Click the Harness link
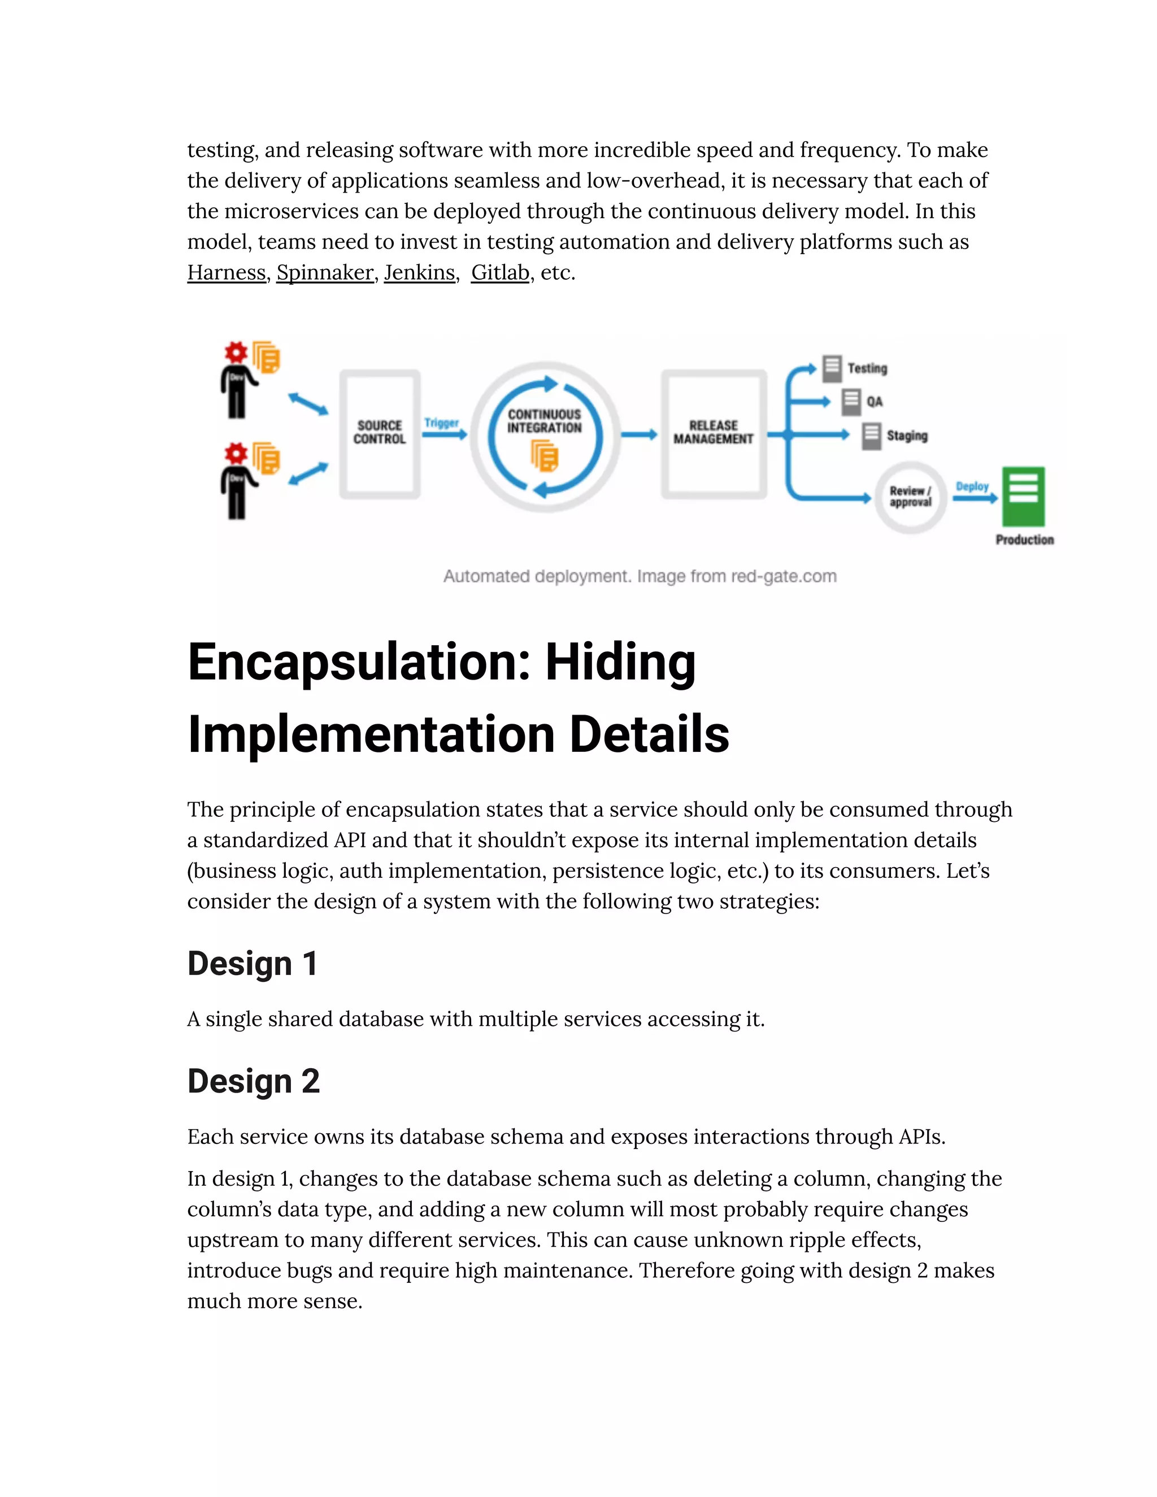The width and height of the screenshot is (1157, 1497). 226,273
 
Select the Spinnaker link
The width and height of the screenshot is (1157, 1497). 325,273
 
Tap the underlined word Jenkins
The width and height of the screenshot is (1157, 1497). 420,273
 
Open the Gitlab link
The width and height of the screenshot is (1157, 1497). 499,273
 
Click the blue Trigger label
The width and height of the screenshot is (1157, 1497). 441,423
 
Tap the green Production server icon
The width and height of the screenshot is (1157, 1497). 1023,495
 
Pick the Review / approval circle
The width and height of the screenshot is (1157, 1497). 910,496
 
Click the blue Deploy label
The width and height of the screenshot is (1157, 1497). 972,486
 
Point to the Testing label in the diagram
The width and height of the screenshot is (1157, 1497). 867,369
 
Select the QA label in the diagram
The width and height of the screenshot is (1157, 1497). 875,402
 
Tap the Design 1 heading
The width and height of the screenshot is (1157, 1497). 252,964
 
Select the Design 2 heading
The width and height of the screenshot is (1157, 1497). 254,1081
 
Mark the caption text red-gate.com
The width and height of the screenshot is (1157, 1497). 784,576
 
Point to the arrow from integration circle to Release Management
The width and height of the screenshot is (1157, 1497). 639,434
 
